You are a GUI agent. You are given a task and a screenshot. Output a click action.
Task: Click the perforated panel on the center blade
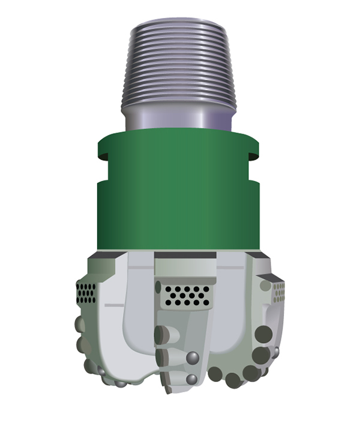(187, 294)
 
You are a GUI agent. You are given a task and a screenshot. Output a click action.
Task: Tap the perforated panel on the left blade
(86, 292)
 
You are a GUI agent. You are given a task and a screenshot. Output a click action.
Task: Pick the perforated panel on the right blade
(278, 292)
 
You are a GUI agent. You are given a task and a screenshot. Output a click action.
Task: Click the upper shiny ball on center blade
(193, 358)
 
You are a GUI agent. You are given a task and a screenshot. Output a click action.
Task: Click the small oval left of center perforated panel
(158, 287)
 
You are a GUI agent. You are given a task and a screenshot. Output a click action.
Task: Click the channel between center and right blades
(231, 312)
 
